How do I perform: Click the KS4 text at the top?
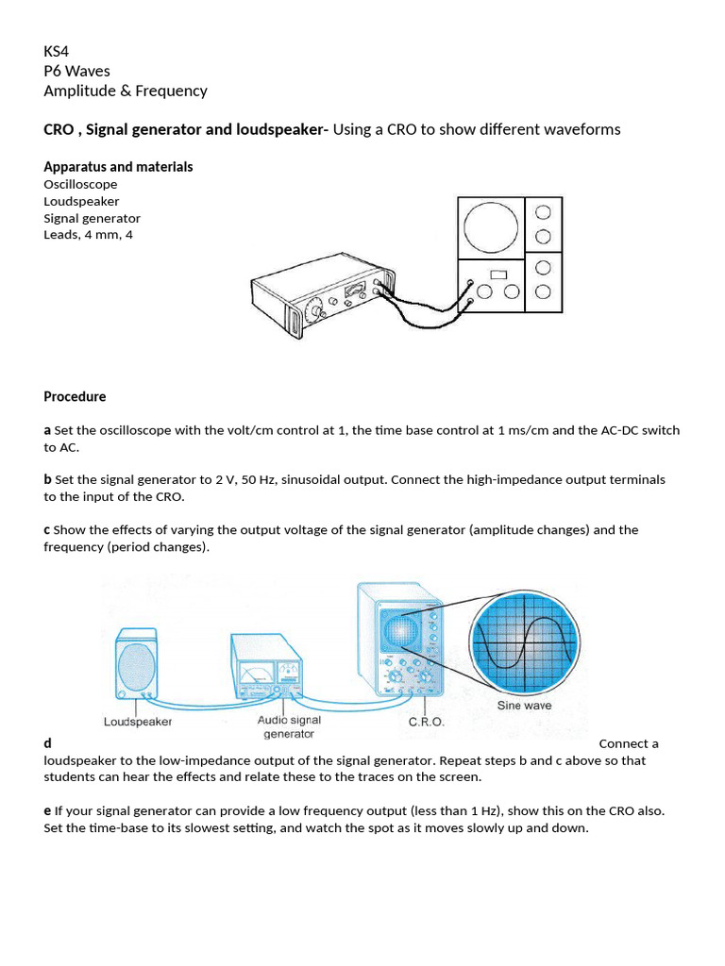pos(58,50)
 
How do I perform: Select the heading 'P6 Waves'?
pos(76,71)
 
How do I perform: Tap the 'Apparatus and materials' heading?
pos(118,167)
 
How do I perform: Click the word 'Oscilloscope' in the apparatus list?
pos(80,184)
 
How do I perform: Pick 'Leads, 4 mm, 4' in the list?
pos(88,235)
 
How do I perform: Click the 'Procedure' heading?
pos(75,397)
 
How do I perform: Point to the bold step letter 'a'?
pos(47,430)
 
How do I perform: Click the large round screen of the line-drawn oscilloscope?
pos(490,228)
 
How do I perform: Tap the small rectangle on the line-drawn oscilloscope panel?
pos(497,275)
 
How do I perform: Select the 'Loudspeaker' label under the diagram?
pos(137,722)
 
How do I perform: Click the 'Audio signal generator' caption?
pos(289,726)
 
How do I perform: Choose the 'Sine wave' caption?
pos(524,705)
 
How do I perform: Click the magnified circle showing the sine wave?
pos(525,643)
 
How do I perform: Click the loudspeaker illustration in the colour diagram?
pos(137,665)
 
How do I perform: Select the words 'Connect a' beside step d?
pos(629,743)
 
